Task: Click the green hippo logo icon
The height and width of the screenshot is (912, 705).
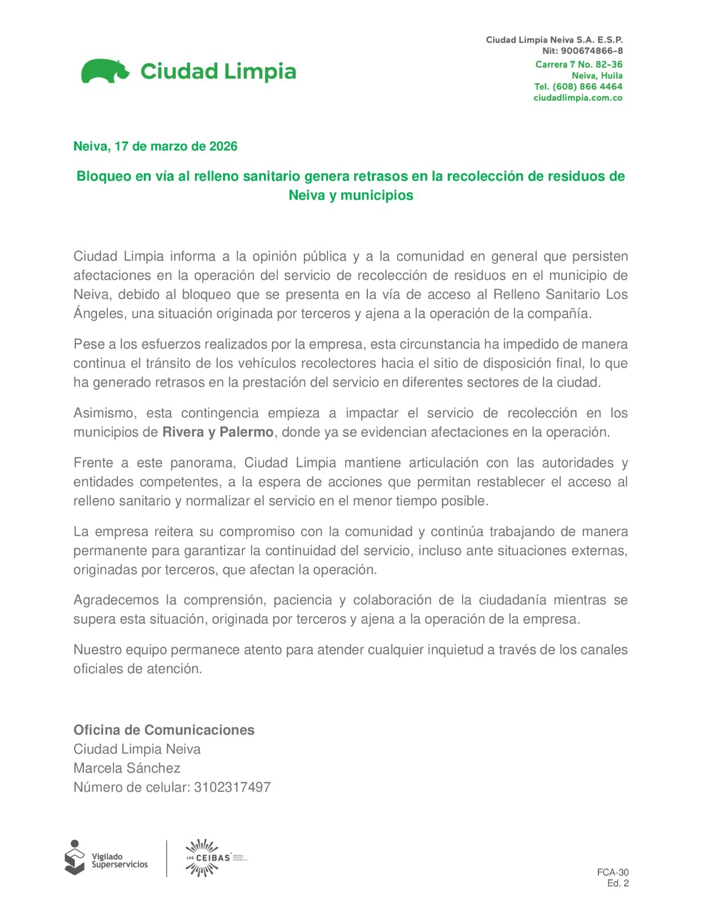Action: click(x=105, y=71)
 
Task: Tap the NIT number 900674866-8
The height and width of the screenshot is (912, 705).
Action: click(x=591, y=51)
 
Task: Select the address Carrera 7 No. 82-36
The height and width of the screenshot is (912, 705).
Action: click(x=578, y=64)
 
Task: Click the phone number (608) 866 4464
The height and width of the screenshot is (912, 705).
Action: click(x=587, y=87)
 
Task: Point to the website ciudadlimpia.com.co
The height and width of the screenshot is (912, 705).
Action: click(x=578, y=98)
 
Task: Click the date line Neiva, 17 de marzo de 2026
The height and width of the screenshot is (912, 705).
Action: click(x=155, y=146)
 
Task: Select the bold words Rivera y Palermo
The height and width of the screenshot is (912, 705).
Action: click(x=218, y=432)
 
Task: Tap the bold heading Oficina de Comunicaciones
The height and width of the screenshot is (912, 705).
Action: click(x=164, y=730)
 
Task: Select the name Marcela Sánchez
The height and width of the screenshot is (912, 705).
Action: click(x=127, y=768)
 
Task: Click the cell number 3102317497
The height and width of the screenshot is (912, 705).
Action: click(x=232, y=787)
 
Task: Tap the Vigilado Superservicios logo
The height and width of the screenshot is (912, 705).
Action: click(x=106, y=857)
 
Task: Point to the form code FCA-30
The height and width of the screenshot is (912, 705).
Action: click(x=613, y=872)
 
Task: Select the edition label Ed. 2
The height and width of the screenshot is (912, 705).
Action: click(x=618, y=883)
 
